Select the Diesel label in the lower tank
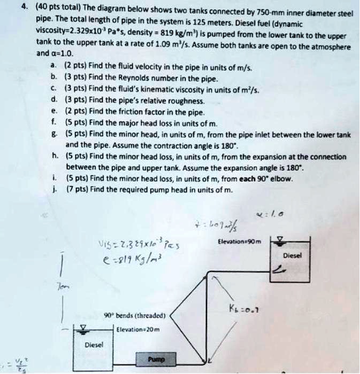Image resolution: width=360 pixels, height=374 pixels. [94, 345]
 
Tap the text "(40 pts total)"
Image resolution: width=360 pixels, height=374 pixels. [53, 8]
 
